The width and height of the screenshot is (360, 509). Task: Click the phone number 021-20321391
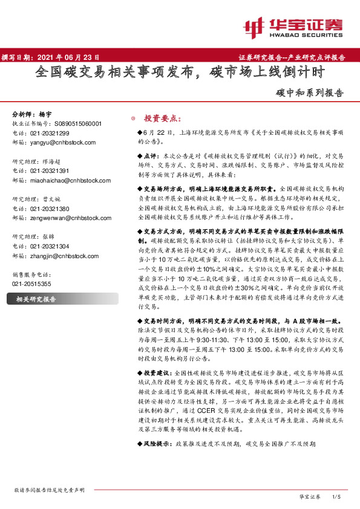[51, 170]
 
